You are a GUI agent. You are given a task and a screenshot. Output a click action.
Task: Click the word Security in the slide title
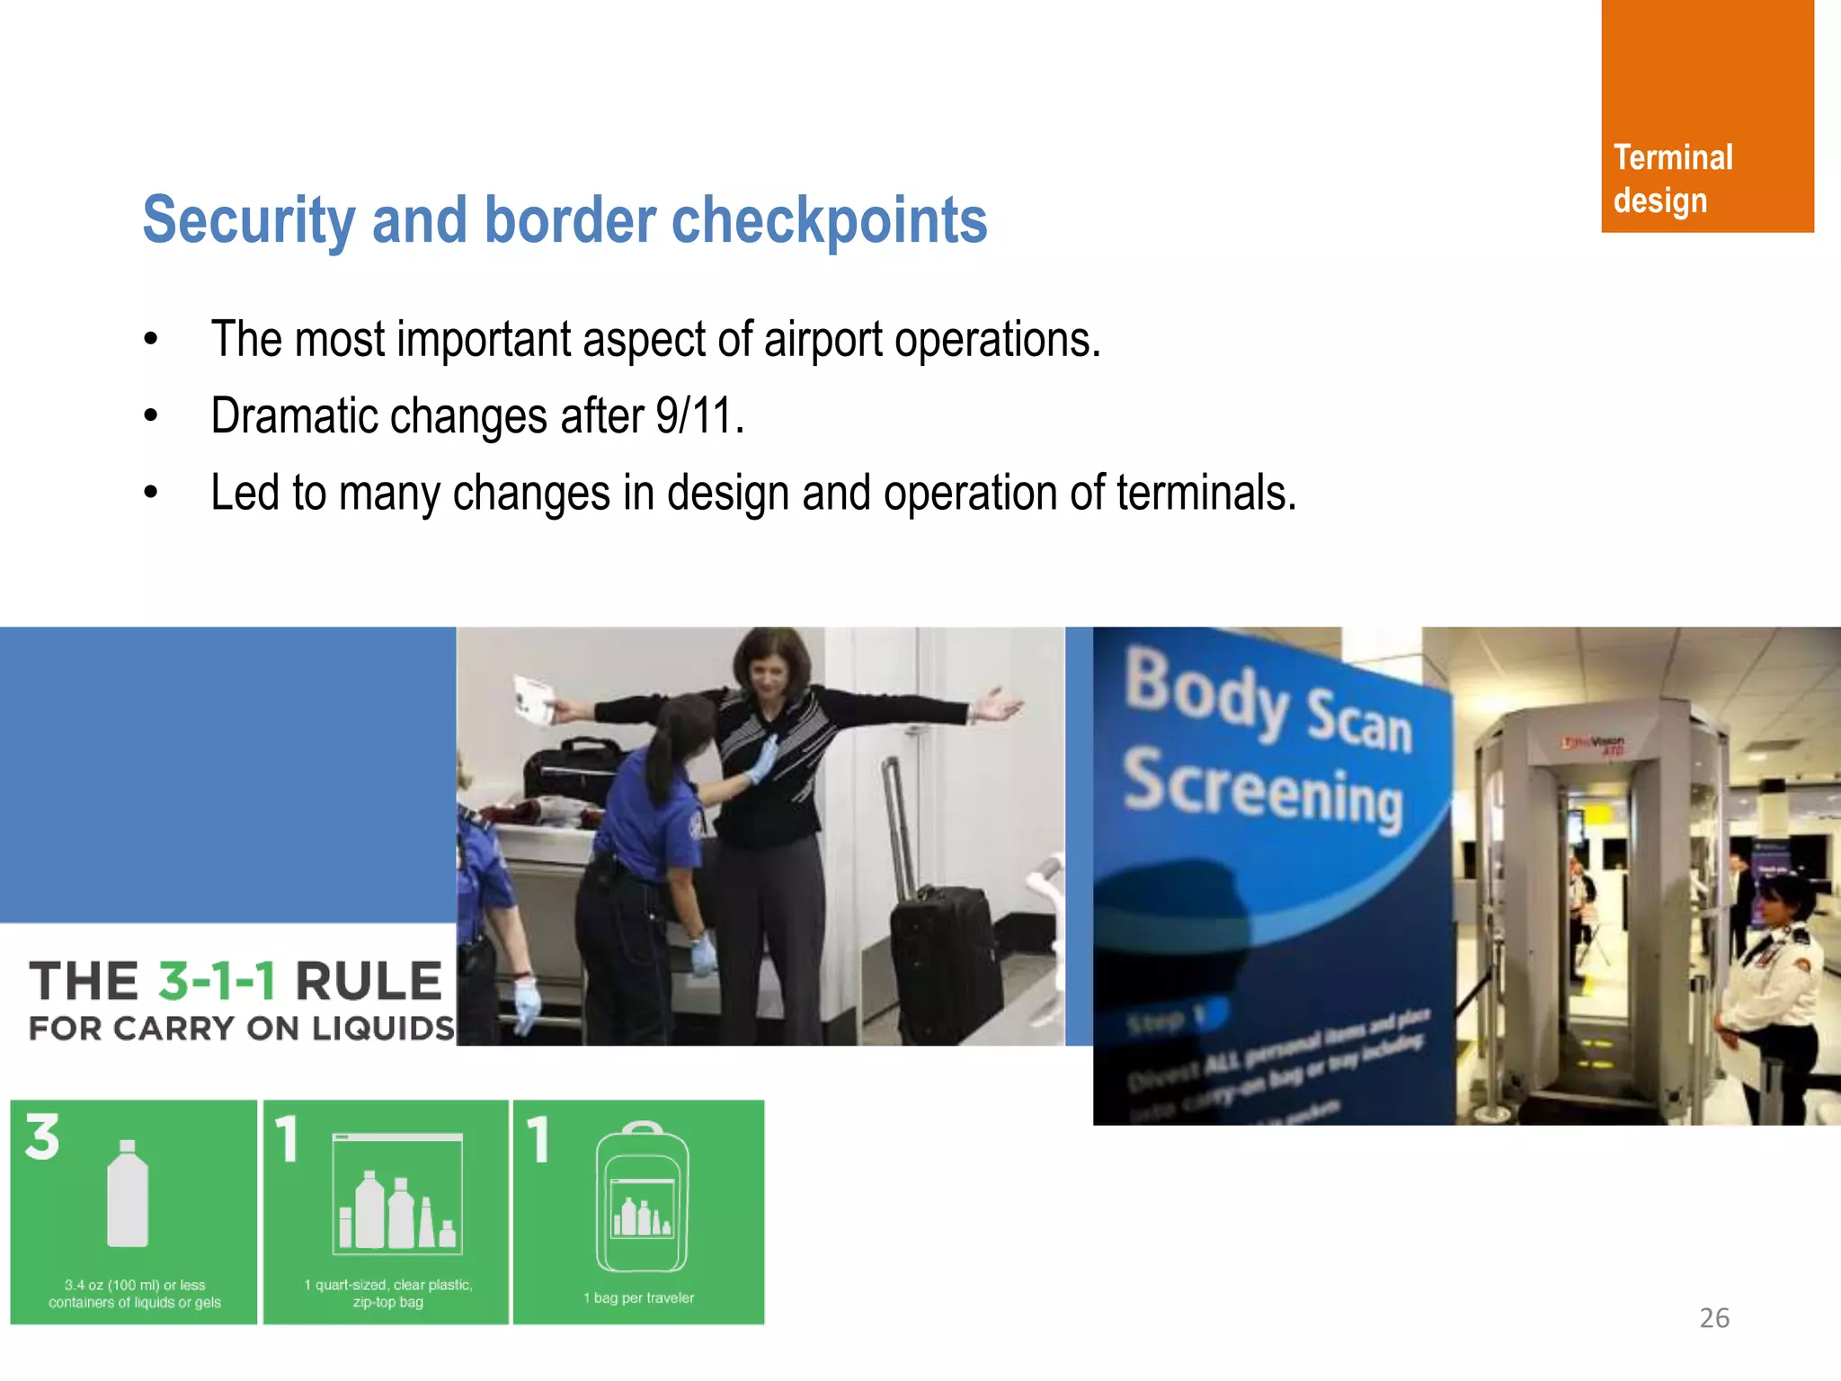[x=249, y=220]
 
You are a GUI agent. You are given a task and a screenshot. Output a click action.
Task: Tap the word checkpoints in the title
[x=829, y=220]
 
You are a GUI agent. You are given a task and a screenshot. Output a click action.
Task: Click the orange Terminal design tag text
[x=1672, y=179]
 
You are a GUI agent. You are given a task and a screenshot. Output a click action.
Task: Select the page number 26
[x=1713, y=1318]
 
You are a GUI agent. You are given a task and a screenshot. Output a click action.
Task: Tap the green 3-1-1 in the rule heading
[x=217, y=981]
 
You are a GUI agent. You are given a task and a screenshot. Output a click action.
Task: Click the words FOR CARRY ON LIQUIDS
[x=241, y=1029]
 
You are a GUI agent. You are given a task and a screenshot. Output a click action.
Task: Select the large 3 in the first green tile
[x=42, y=1137]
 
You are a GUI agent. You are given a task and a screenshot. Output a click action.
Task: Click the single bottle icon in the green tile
[x=128, y=1194]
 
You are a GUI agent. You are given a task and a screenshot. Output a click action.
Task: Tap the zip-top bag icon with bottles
[x=397, y=1195]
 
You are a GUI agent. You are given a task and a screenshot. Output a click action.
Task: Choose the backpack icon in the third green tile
[x=642, y=1197]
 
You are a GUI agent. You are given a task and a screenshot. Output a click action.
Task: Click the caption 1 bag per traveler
[x=639, y=1297]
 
